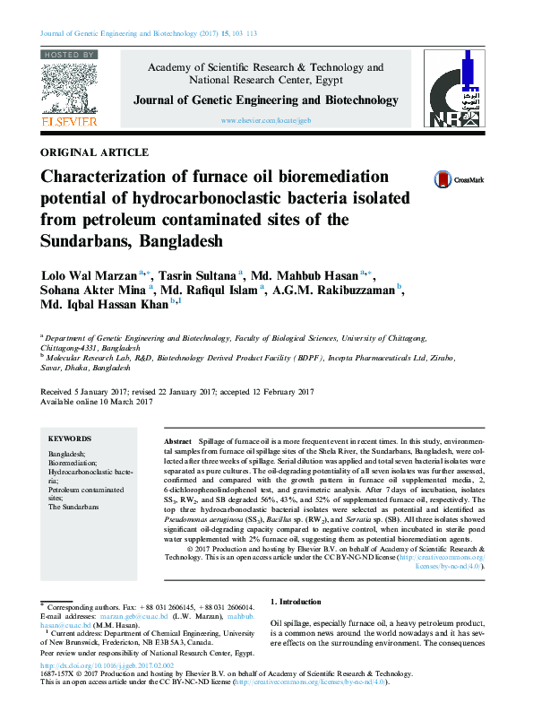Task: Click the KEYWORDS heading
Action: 69,438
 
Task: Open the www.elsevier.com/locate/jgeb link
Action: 265,120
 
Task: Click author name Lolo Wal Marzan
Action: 89,274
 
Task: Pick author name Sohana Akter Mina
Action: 93,291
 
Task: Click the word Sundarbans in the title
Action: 93,241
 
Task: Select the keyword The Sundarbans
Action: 75,507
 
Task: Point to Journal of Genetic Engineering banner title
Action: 266,100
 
